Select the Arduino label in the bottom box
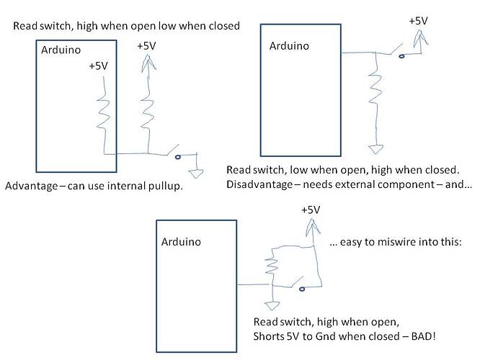181,241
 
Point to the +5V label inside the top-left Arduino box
99,66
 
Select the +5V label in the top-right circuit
418,21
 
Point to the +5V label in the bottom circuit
309,210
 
